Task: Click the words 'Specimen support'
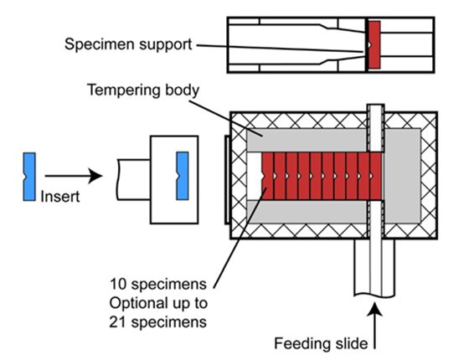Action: [x=128, y=44]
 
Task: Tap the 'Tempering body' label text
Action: [x=143, y=90]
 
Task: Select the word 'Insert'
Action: [x=60, y=197]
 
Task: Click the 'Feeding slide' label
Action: [x=321, y=343]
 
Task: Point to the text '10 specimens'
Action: [x=158, y=284]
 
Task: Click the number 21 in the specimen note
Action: [x=117, y=322]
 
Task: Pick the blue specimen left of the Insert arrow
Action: [x=29, y=177]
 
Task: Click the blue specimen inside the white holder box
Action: [x=183, y=176]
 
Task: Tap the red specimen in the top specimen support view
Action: [x=374, y=45]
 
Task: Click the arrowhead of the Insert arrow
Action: [x=95, y=176]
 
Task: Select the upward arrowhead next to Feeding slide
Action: [x=374, y=309]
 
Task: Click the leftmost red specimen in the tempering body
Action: [x=267, y=176]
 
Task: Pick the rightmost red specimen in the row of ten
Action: [x=376, y=176]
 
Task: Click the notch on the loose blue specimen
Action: [x=25, y=177]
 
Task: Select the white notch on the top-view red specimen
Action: [x=369, y=45]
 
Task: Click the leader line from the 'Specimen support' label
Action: [x=280, y=49]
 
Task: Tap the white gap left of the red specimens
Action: [x=255, y=176]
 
